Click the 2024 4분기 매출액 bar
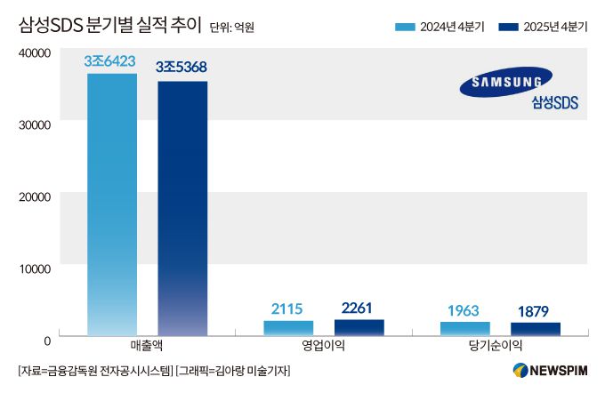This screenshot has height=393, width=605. (x=112, y=205)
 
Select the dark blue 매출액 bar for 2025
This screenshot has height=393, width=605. (x=182, y=209)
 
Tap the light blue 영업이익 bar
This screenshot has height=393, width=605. (x=288, y=328)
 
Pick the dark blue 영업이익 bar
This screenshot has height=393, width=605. (x=359, y=327)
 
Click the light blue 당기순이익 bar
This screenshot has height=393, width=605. (x=464, y=328)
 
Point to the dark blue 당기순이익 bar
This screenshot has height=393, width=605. (x=535, y=329)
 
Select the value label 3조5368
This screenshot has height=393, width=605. (x=181, y=68)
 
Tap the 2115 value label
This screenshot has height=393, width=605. (x=288, y=309)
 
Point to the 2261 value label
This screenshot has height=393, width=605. (x=359, y=308)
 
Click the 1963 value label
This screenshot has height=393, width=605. (x=464, y=310)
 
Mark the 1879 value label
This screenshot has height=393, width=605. (x=535, y=311)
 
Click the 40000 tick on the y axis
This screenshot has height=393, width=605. (x=33, y=53)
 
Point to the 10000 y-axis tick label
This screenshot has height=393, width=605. (x=33, y=268)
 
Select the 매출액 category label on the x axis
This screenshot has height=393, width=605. (x=146, y=346)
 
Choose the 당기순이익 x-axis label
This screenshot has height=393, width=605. (x=499, y=346)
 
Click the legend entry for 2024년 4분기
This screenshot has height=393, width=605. (x=440, y=27)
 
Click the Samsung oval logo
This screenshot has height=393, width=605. (x=506, y=83)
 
